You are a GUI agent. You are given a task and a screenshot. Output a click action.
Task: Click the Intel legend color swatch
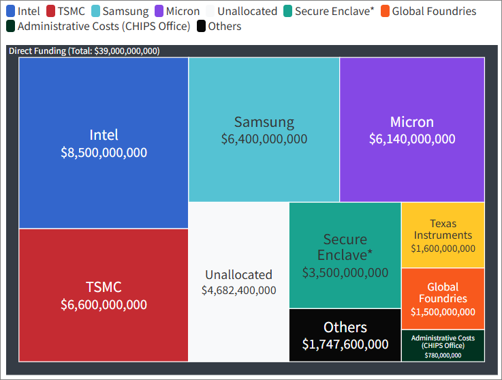coord(10,11)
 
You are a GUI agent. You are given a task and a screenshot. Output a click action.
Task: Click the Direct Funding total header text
coord(84,51)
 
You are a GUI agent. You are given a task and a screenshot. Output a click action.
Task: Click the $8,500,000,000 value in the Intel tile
coord(104,153)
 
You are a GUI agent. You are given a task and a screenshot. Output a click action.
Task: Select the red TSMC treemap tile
coord(104,295)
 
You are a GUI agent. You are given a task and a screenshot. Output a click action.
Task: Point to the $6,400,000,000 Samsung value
coord(264,139)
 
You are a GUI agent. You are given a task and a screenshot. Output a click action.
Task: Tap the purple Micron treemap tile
coord(412,130)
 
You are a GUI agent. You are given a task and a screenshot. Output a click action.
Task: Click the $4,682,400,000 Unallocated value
coord(238,291)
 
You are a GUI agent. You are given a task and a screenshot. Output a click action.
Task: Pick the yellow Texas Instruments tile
coord(443,235)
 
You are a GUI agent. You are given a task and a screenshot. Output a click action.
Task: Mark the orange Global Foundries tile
coord(443,298)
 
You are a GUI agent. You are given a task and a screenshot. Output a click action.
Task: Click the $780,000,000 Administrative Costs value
coord(443,355)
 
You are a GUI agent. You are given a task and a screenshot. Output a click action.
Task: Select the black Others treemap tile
coord(345,335)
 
